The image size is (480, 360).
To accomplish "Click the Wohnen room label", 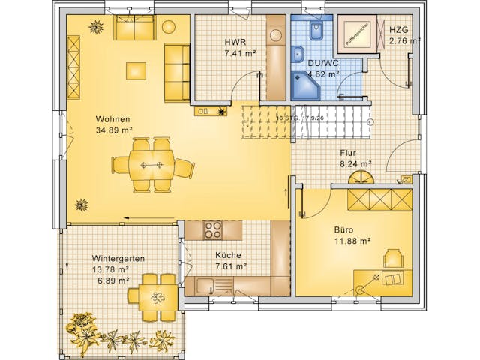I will [112, 119].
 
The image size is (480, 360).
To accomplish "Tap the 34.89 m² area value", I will [114, 130].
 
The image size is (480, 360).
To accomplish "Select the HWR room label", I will [235, 42].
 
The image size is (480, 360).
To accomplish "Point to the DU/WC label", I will [323, 64].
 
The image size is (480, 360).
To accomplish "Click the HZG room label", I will [399, 31].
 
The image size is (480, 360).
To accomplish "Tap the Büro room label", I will [344, 229].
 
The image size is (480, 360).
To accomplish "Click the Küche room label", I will [229, 255].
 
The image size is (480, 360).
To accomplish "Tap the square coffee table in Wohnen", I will [136, 70].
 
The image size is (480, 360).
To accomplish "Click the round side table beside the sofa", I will [169, 28].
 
